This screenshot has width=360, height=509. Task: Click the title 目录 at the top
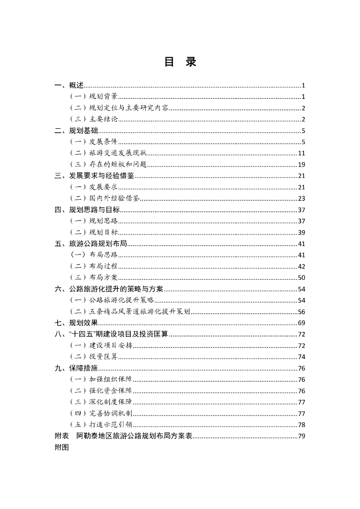coord(180,62)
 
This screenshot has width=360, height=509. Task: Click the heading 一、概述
coord(69,85)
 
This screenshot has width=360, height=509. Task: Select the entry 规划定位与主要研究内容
coord(129,108)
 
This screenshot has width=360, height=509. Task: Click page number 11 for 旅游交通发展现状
coord(301,153)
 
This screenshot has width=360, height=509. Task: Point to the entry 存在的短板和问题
coord(118,165)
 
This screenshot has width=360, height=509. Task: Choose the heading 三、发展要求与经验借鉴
coord(94,176)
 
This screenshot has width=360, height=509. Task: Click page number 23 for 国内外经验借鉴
coord(301,198)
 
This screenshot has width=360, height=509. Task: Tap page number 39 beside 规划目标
coord(301,232)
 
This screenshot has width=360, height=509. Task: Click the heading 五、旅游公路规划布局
coord(90,244)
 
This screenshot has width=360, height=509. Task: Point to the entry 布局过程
coord(103,266)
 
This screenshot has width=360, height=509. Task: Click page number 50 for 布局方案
coord(301,277)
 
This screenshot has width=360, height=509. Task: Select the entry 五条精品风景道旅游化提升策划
coord(140,312)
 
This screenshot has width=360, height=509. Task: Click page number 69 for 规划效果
coord(301,323)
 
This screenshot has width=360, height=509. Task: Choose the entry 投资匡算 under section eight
coord(103,357)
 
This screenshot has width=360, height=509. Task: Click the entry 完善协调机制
coord(111,414)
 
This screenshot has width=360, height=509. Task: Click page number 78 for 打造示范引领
coord(301,425)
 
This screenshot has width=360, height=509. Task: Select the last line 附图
coord(62,447)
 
